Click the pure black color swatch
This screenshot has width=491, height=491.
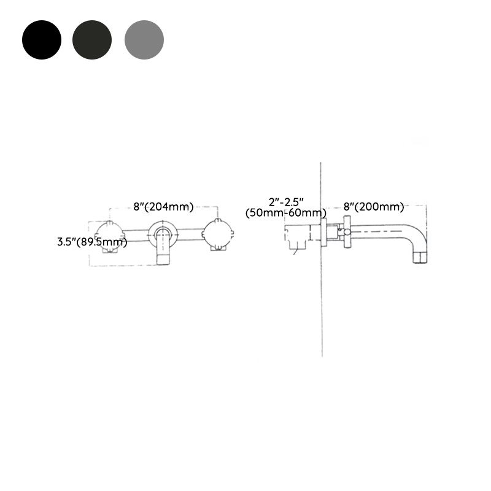tap(42, 39)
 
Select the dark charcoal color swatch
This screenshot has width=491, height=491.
tap(92, 39)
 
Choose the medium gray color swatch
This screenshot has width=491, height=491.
tap(144, 39)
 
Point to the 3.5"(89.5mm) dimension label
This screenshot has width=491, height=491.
tap(92, 242)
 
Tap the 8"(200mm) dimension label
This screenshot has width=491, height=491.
tap(374, 207)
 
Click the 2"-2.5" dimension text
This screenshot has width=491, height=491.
tap(286, 201)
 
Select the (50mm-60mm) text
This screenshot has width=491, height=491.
tap(286, 213)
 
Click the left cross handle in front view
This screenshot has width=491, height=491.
tap(110, 235)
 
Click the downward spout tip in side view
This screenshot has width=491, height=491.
tap(420, 257)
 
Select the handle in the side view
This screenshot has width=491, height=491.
tap(348, 232)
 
